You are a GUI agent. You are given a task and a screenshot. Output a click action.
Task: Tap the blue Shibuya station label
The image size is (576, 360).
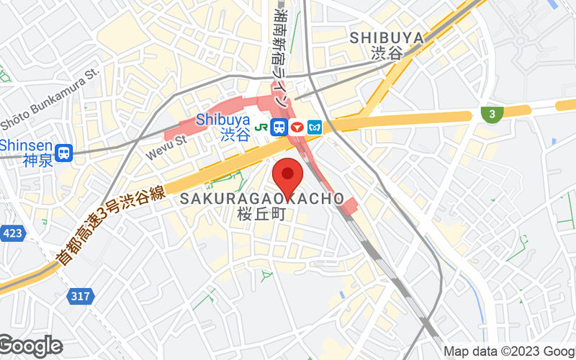click(x=223, y=120)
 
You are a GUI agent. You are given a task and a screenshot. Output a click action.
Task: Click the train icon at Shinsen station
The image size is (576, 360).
click(x=65, y=153)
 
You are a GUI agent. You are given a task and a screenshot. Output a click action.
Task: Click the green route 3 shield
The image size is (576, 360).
click(x=492, y=113)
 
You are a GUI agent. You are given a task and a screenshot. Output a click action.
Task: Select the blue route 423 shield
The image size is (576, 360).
click(x=12, y=233)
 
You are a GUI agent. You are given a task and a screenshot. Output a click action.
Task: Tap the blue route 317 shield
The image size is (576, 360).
click(x=81, y=295)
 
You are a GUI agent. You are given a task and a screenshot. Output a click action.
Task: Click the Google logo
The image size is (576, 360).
click(x=30, y=346)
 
